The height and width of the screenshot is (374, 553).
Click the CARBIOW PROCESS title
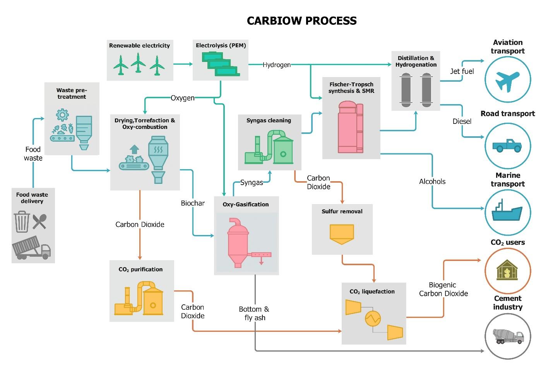(x=301, y=21)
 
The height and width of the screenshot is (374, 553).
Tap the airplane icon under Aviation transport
(x=507, y=80)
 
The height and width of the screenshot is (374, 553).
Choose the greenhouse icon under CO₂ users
(x=507, y=270)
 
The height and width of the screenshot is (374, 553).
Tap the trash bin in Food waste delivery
(x=22, y=221)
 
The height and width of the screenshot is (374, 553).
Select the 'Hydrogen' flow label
(x=276, y=65)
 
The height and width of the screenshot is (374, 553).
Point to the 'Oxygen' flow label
(x=183, y=98)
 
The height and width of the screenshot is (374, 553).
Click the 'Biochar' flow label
(x=193, y=203)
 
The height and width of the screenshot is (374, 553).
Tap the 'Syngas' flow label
(x=252, y=182)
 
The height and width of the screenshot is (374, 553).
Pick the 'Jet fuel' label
(x=462, y=71)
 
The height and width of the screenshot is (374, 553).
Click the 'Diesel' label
(x=462, y=121)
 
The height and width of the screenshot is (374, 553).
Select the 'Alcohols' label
(x=432, y=181)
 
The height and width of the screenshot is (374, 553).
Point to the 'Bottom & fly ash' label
(x=254, y=313)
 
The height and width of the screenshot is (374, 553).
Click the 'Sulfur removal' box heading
(x=342, y=211)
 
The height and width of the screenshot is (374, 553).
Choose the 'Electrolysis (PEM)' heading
(x=221, y=45)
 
